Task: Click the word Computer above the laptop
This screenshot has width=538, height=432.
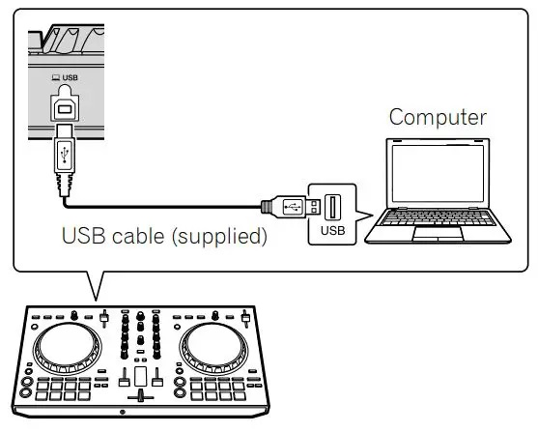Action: [x=438, y=118]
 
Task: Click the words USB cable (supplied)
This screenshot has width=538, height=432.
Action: [x=164, y=236]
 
